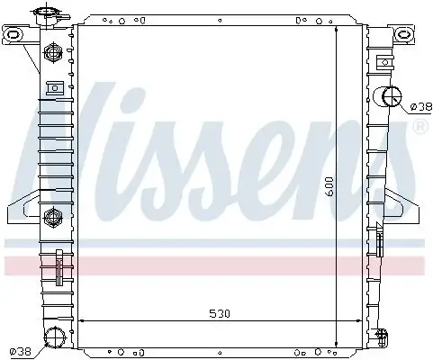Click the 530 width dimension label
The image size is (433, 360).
(x=207, y=314)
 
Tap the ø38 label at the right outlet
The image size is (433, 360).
(x=419, y=107)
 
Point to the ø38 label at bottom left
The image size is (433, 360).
(x=20, y=350)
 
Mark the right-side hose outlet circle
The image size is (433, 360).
(x=393, y=97)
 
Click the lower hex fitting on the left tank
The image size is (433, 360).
(x=52, y=216)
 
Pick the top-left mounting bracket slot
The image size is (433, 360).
(x=14, y=36)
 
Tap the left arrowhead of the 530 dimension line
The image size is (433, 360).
(x=81, y=321)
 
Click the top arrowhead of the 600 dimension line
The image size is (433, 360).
(x=337, y=30)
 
